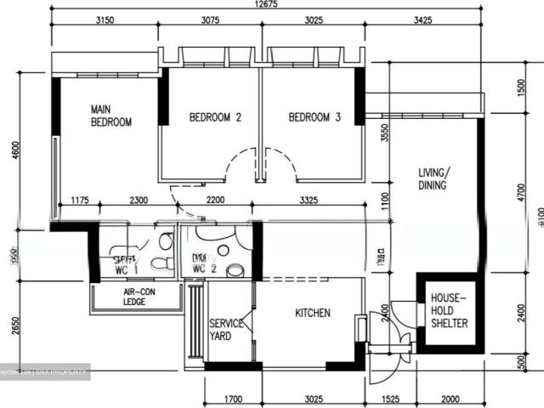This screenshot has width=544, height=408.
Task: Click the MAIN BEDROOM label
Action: tap(111, 116)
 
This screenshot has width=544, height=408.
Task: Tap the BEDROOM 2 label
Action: tap(215, 118)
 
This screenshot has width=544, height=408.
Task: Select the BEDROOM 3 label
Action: tap(314, 118)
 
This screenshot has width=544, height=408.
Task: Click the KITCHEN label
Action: tap(312, 314)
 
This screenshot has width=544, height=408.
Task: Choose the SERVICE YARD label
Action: tap(227, 330)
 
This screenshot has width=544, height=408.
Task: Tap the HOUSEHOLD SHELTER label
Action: tap(449, 310)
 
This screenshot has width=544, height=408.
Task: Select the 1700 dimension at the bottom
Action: tap(230, 396)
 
